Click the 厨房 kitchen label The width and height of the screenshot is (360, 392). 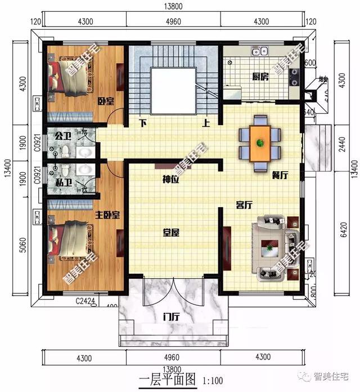pyautogui.click(x=260, y=77)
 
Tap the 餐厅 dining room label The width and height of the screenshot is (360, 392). pyautogui.click(x=280, y=175)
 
